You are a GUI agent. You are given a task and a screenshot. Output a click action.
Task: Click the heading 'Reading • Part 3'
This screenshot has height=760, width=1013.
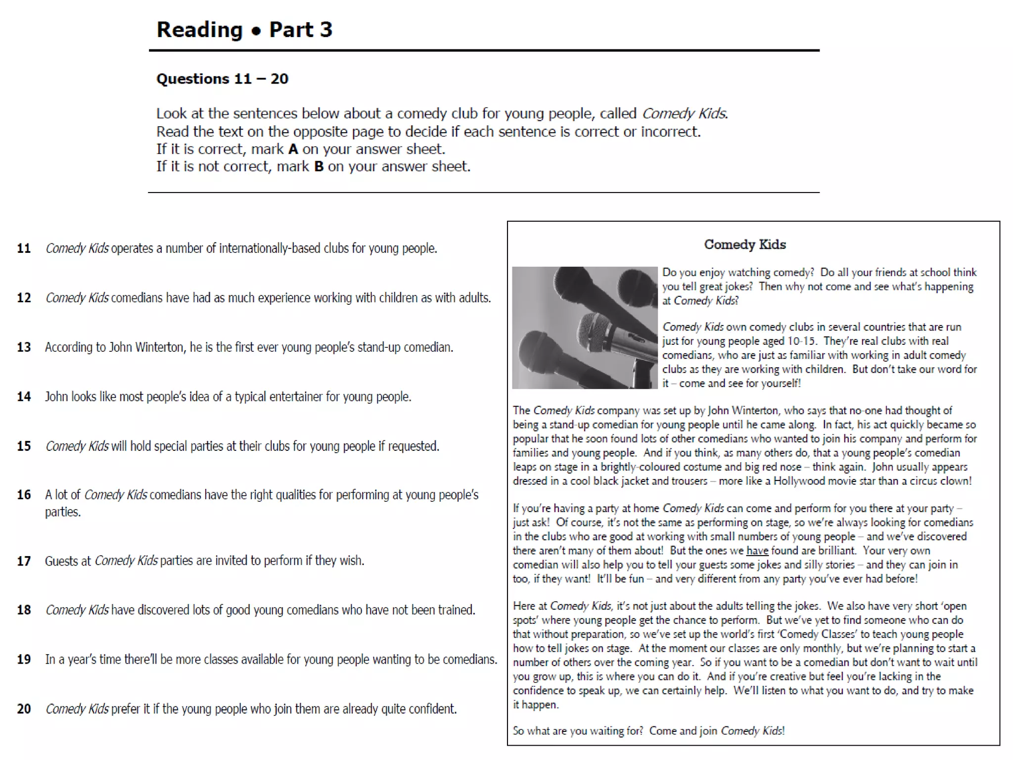[244, 30]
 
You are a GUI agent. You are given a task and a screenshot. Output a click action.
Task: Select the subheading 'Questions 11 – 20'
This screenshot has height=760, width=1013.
[222, 79]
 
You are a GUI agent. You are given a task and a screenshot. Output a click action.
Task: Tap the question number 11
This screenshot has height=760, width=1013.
[24, 248]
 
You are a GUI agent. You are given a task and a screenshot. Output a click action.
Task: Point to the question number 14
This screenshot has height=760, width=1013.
[24, 397]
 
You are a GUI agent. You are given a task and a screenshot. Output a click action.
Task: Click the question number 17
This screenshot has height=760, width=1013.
[24, 561]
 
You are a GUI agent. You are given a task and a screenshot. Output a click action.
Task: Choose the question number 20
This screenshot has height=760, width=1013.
[24, 709]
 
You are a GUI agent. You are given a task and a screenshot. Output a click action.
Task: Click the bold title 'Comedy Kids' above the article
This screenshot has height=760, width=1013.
[744, 244]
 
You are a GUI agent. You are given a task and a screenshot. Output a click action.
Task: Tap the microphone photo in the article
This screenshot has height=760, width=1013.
[585, 328]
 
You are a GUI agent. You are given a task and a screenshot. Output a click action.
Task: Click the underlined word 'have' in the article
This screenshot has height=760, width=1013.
[757, 551]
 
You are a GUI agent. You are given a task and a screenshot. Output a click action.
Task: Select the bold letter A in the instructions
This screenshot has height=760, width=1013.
[293, 149]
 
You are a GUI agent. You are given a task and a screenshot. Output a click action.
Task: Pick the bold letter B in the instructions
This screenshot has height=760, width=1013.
[319, 167]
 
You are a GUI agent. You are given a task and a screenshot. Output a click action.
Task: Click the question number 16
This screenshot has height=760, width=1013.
[24, 495]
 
